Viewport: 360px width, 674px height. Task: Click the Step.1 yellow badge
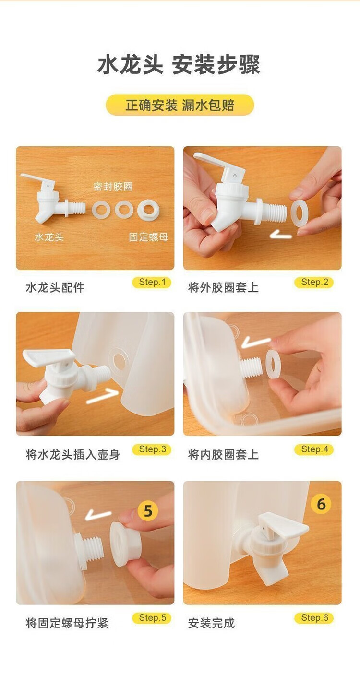pos(152,283)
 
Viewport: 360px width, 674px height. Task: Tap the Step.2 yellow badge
pos(314,283)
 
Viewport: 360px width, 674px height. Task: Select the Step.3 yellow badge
pos(152,449)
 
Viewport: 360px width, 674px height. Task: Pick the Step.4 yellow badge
pos(314,449)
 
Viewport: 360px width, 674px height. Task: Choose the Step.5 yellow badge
pos(152,618)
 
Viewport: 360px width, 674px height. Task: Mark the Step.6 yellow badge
pos(314,618)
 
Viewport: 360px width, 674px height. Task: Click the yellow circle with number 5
pos(148,510)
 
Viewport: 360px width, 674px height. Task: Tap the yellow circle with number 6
pos(321,504)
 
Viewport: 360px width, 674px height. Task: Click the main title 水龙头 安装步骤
pos(179,65)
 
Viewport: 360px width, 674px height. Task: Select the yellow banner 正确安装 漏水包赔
pos(180,105)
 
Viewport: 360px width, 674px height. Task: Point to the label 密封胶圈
pos(113,187)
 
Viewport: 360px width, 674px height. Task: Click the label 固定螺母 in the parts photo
pos(148,237)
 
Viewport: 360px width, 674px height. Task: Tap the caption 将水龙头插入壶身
pos(73,454)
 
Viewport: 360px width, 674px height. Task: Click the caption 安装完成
pos(211,623)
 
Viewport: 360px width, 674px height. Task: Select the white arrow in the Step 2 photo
pos(281,235)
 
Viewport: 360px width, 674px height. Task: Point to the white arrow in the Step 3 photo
pos(103,396)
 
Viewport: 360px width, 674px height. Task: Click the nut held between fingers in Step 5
pos(124,544)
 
